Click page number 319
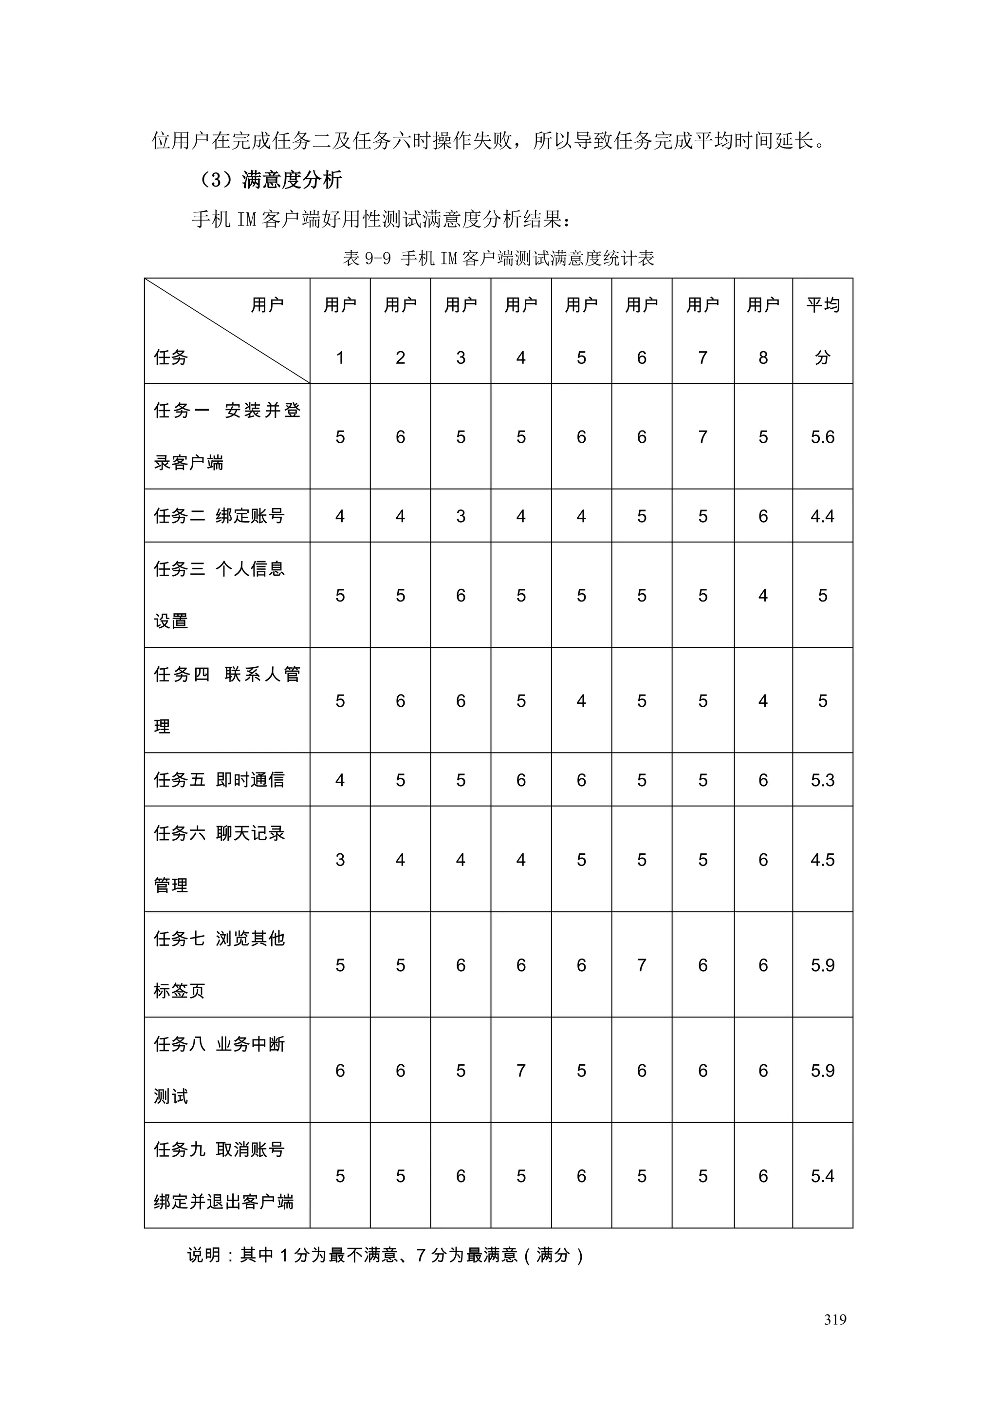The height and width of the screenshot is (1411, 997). coord(835,1319)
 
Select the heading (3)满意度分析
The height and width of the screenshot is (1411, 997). coord(270,180)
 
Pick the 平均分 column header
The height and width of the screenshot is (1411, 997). coord(823,331)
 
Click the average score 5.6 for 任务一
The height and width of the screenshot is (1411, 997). coord(823,437)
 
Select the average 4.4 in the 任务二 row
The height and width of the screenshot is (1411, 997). coord(823,516)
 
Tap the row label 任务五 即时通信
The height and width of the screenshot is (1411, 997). coord(219,780)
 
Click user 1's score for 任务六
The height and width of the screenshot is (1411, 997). coord(340,860)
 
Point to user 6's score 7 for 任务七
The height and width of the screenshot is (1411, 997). coord(641,965)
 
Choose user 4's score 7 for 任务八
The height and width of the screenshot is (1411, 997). coord(521,1071)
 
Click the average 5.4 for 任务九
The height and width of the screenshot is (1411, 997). coord(823,1176)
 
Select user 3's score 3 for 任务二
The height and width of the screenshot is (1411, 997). coord(461,516)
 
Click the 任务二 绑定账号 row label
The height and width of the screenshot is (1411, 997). coord(219,516)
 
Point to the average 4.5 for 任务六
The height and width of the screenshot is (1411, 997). coord(823,860)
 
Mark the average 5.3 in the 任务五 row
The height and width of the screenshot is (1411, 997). coord(823,780)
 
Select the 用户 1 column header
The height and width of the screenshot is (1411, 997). coord(340,331)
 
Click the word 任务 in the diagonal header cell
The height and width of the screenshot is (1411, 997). coord(171,357)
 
